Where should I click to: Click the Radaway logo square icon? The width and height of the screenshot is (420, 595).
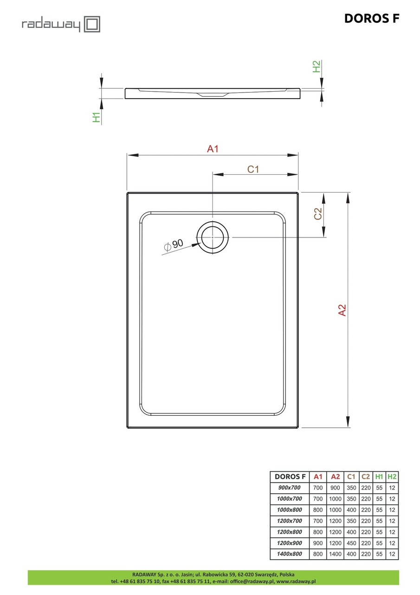coord(92,24)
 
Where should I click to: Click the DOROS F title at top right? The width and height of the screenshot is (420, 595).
coord(371,19)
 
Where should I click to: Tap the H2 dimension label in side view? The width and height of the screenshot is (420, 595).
coord(317,66)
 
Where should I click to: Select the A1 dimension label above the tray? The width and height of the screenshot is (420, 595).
coord(213,149)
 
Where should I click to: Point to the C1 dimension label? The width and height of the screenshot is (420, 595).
coord(253,169)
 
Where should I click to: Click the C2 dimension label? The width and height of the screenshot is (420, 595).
coord(318,214)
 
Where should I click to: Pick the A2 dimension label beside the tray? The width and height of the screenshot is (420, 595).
coord(342,310)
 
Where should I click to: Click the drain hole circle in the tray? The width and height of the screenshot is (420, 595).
coord(213,237)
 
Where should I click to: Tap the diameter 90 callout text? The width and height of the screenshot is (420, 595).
coord(174,245)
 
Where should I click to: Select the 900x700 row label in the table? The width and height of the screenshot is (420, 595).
coord(289,488)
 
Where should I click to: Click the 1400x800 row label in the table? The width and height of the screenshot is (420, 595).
coord(289,554)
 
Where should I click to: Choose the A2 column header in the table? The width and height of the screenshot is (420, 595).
coord(335,476)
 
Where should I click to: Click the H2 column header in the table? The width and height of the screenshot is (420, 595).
coord(392,476)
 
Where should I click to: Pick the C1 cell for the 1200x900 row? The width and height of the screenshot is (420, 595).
coord(351,543)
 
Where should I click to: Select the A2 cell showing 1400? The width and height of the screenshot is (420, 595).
coord(335,554)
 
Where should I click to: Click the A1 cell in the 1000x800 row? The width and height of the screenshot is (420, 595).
coord(318,510)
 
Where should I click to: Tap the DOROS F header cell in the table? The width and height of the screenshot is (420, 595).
coord(290,476)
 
